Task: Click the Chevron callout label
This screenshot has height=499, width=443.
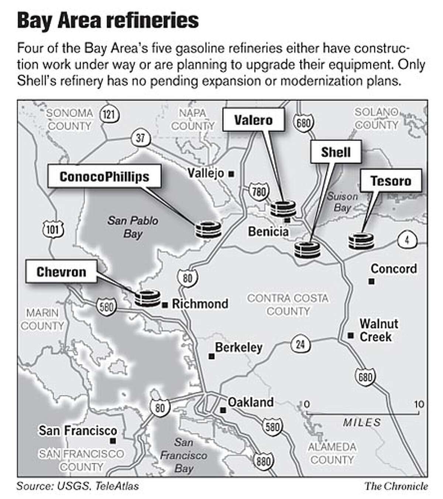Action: tap(61, 272)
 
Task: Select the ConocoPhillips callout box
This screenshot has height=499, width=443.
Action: tap(104, 177)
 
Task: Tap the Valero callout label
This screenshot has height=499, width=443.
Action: tap(254, 120)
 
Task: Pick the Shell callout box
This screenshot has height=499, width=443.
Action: tap(336, 152)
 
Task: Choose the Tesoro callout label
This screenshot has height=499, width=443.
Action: tap(391, 181)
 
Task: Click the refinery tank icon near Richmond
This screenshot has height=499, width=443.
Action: tap(147, 298)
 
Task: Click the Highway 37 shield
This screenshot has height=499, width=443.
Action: tap(140, 139)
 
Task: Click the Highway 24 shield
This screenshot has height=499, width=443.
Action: tap(301, 344)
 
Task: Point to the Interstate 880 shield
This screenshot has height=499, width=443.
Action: tap(263, 460)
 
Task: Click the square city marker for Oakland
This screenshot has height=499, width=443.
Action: tap(223, 410)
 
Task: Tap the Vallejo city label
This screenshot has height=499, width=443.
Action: tap(206, 173)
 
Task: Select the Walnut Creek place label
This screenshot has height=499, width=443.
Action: tap(378, 330)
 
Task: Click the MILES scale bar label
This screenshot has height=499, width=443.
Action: tap(361, 422)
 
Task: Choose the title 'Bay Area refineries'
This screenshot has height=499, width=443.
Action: tap(108, 21)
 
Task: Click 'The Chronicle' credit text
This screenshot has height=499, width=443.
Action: tap(396, 486)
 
